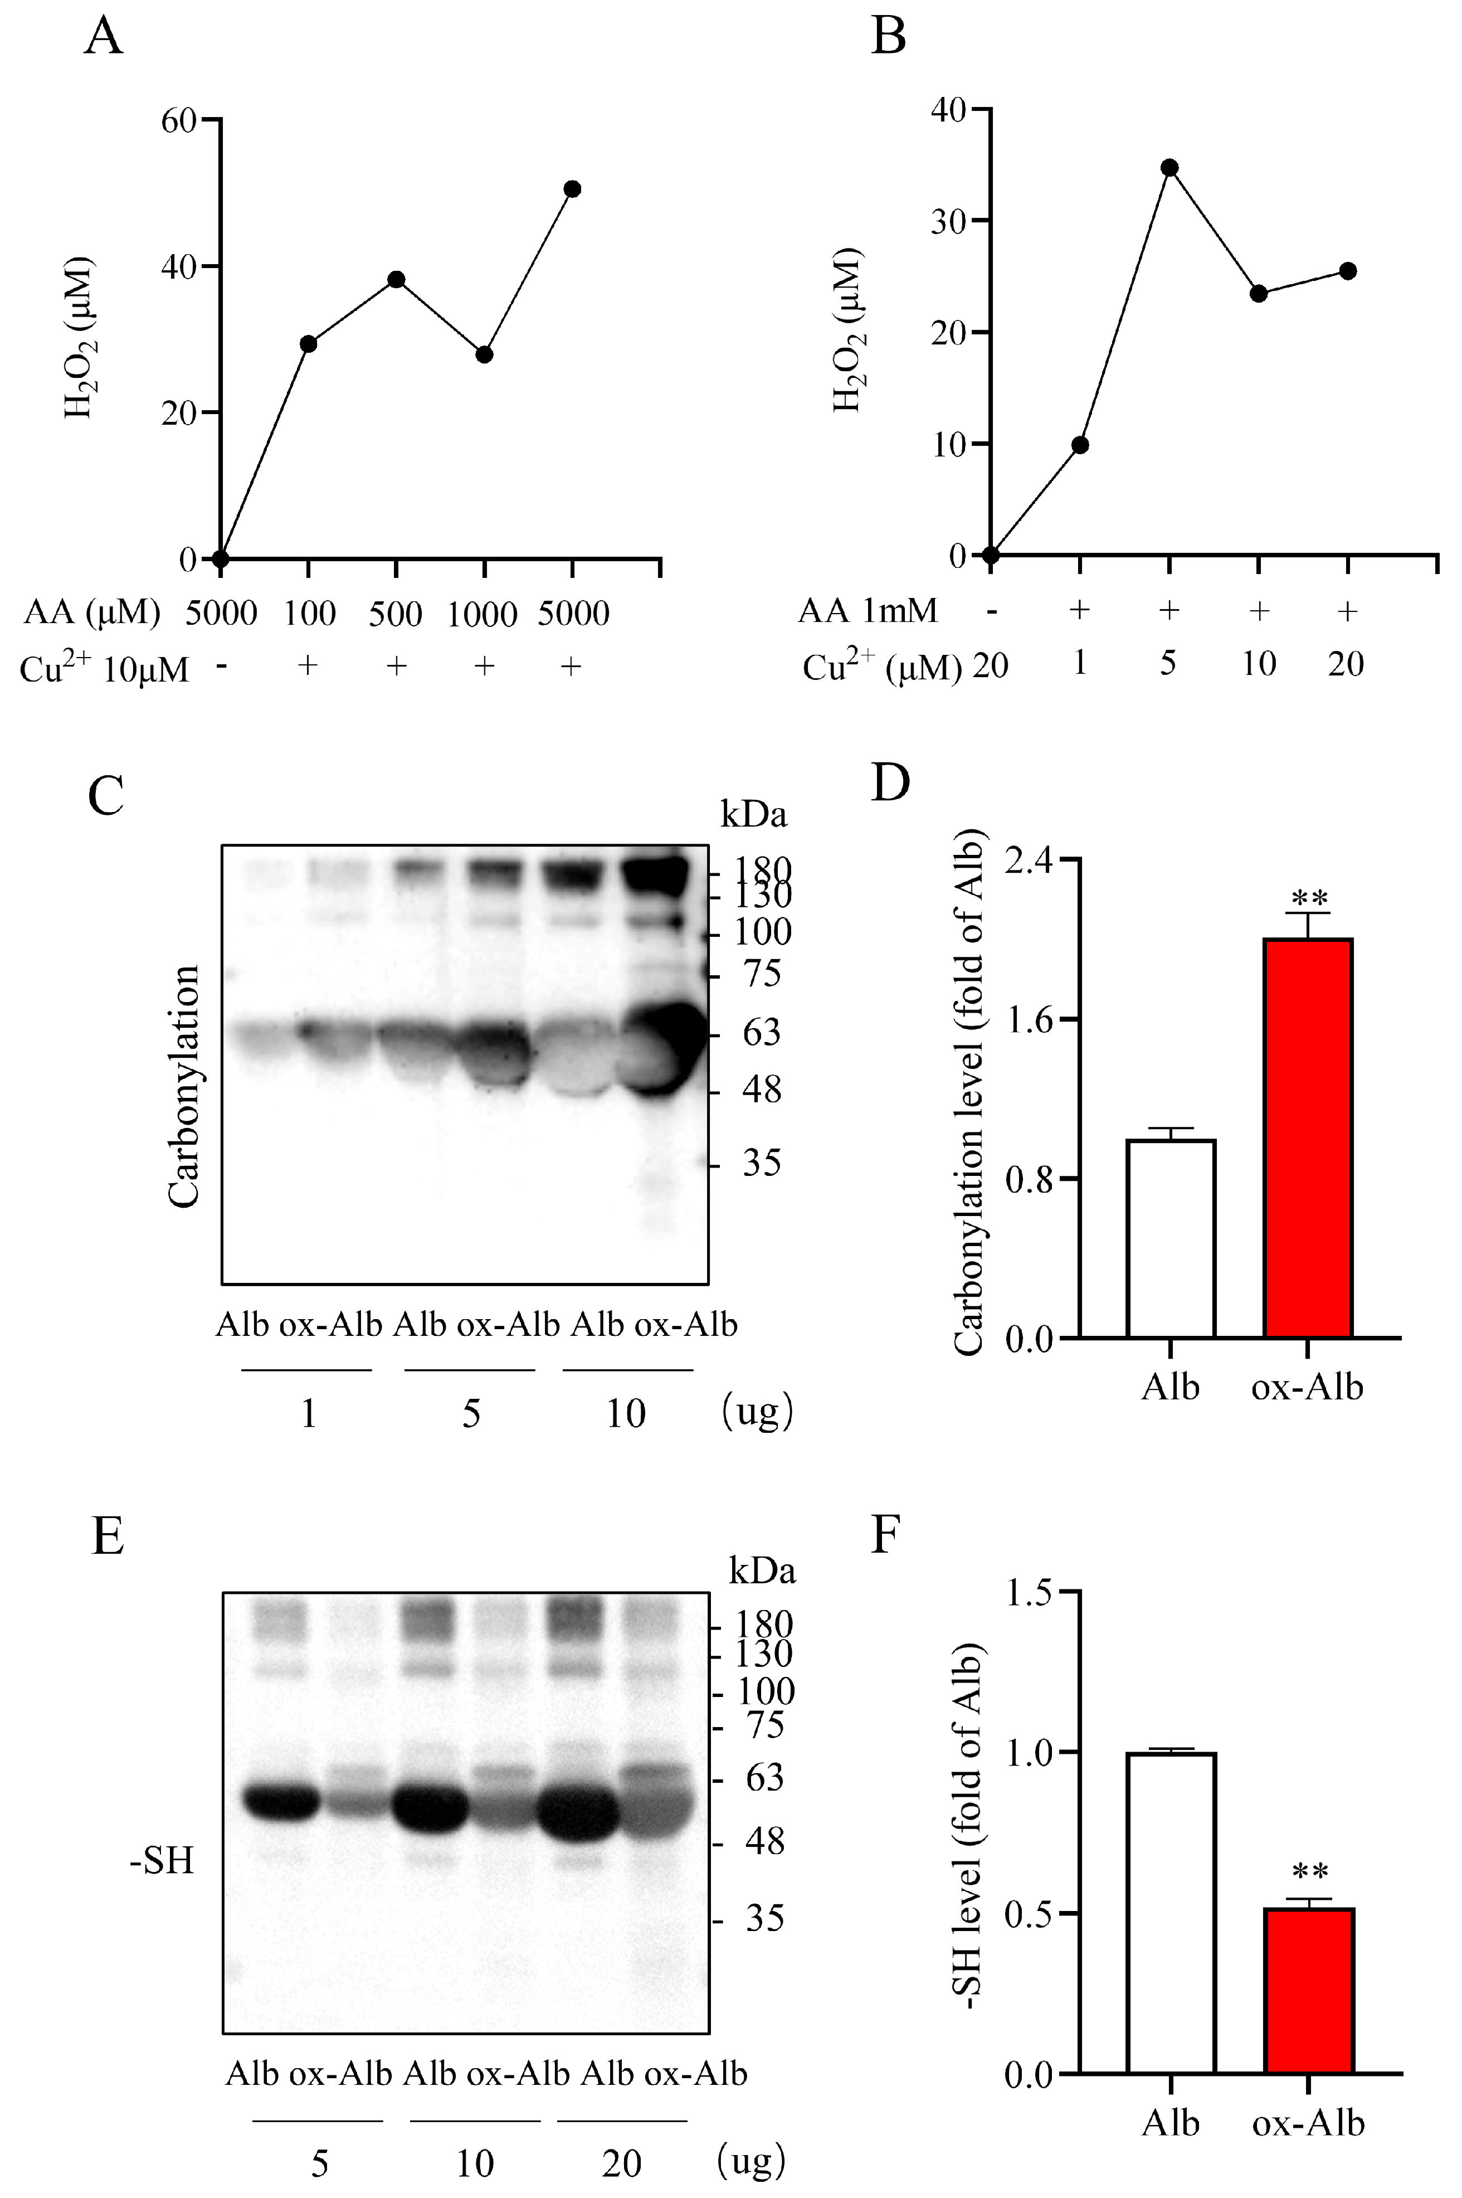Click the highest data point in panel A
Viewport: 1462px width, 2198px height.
[573, 188]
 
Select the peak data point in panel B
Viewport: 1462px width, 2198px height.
[1169, 168]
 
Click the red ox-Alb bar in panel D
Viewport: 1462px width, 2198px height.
[1308, 1137]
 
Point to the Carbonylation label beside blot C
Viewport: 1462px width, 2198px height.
[184, 1087]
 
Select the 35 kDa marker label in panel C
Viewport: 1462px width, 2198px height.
[762, 1163]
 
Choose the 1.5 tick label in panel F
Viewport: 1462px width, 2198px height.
[1030, 1592]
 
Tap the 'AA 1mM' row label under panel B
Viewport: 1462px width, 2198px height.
[867, 611]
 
